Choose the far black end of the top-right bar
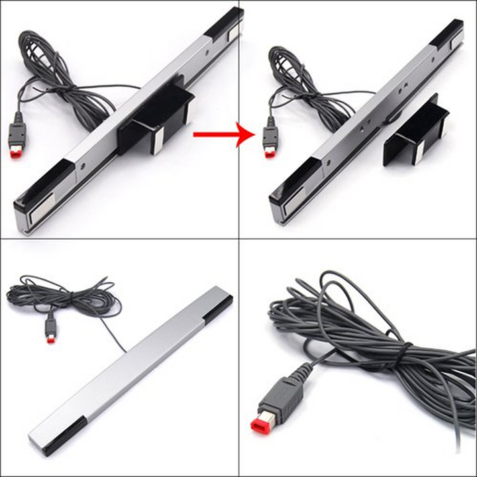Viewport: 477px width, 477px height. (x=447, y=33)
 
